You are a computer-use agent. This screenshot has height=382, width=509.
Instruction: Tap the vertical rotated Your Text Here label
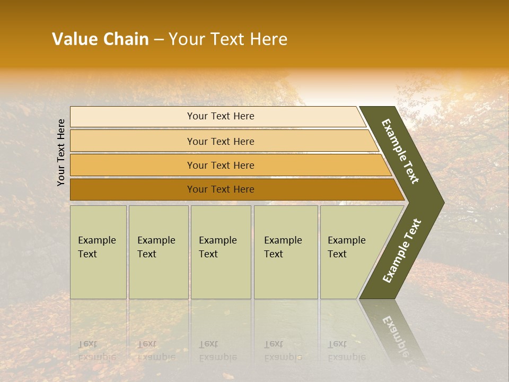pyautogui.click(x=61, y=152)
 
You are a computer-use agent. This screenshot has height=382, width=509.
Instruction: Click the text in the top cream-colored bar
pyautogui.click(x=221, y=116)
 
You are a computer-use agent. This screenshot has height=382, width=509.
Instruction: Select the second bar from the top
pyautogui.click(x=221, y=141)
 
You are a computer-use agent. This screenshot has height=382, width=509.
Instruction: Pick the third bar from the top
pyautogui.click(x=221, y=166)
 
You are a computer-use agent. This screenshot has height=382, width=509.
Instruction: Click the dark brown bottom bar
pyautogui.click(x=221, y=189)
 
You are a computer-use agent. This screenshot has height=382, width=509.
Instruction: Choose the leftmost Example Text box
pyautogui.click(x=98, y=252)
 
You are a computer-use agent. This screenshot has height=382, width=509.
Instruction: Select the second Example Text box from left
pyautogui.click(x=158, y=252)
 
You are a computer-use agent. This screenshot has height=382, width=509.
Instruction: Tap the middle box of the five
pyautogui.click(x=220, y=252)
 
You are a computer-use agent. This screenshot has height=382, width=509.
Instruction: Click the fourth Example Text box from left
pyautogui.click(x=285, y=252)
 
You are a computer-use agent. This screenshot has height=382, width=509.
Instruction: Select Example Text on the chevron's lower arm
pyautogui.click(x=402, y=250)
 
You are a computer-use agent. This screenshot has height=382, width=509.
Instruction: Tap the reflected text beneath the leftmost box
pyautogui.click(x=96, y=351)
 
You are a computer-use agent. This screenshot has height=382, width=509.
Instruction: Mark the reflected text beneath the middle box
pyautogui.click(x=217, y=351)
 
